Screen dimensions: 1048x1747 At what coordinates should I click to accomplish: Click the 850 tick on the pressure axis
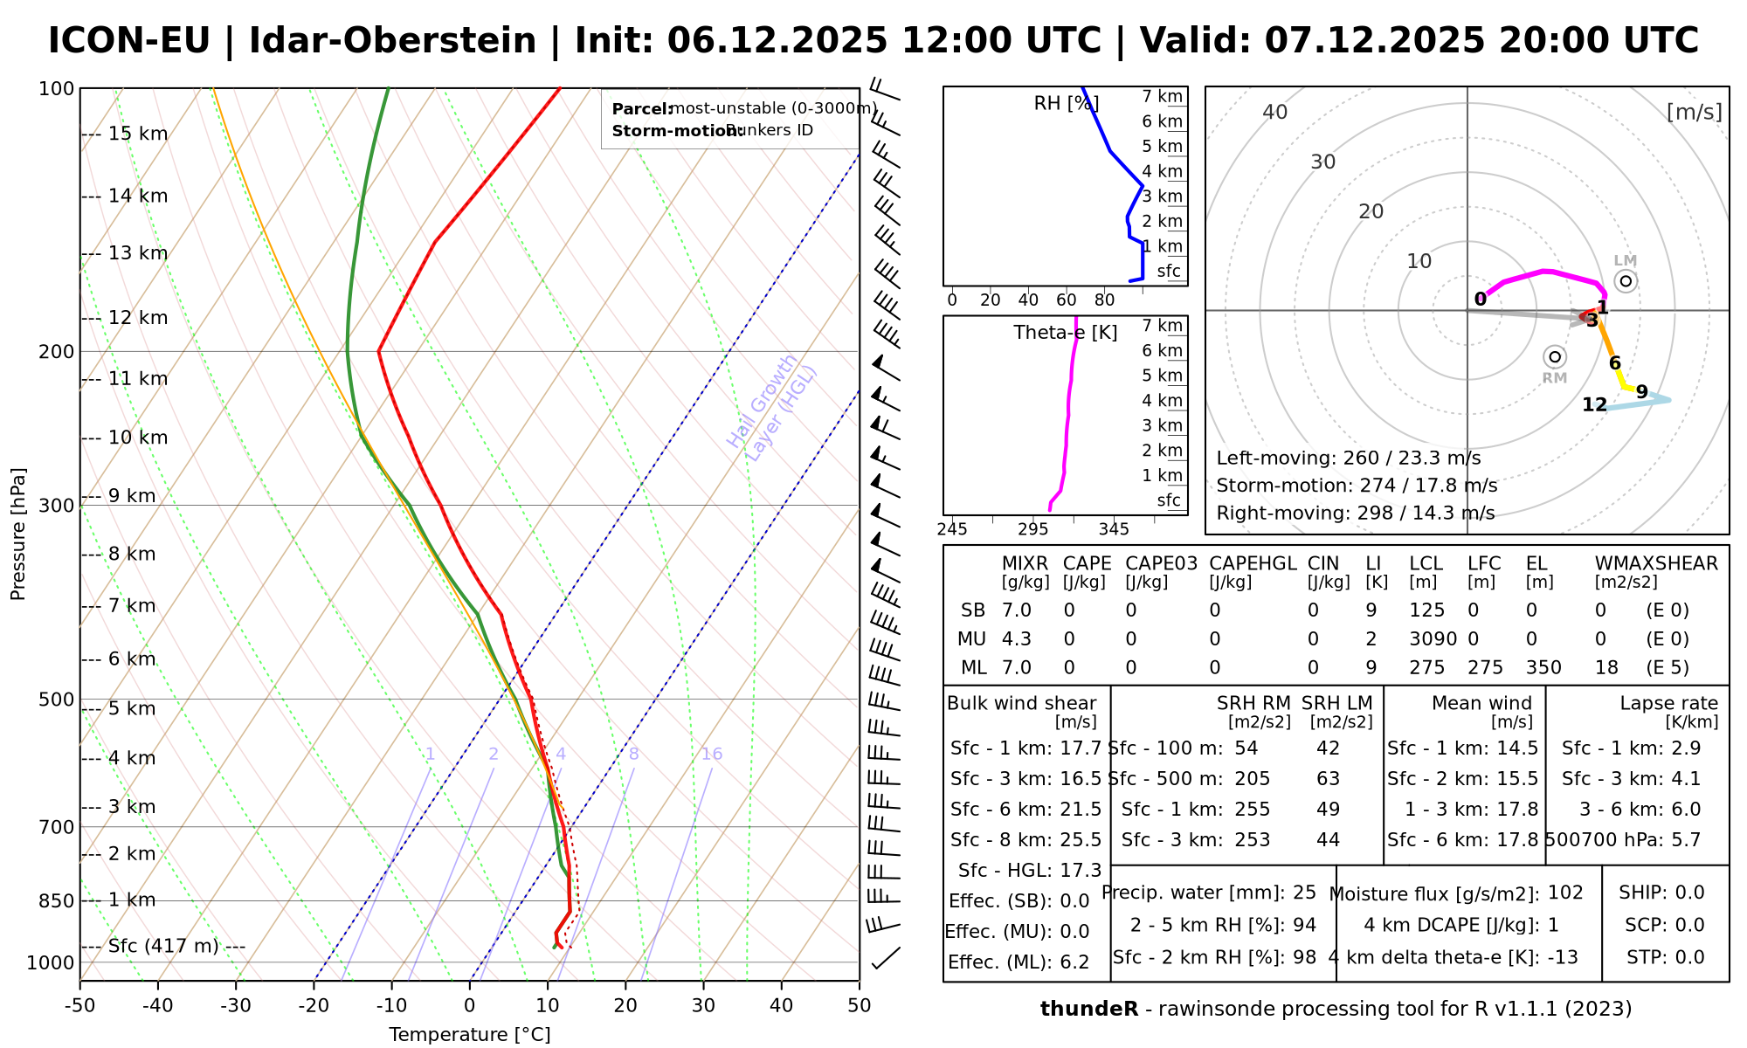58,900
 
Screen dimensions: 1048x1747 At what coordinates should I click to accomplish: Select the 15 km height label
138,134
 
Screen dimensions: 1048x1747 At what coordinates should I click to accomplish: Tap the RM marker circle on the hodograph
1554,356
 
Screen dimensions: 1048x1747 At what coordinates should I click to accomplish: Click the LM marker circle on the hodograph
1625,280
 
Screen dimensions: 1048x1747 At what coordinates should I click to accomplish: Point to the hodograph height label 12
1594,404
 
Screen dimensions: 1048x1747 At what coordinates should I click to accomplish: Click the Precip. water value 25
1304,893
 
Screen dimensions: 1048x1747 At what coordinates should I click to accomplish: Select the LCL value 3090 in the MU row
1433,638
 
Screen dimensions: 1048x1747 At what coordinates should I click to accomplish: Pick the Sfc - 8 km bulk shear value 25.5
1079,839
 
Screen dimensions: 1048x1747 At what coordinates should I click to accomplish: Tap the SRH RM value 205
1252,778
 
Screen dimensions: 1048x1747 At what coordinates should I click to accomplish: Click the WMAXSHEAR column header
1656,563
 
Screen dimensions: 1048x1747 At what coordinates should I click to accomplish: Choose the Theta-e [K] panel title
1065,333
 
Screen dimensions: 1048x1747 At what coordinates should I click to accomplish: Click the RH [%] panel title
1066,103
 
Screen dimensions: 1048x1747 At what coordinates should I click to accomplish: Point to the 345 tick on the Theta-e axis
1114,529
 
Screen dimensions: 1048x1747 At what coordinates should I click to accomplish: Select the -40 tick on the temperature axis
158,1005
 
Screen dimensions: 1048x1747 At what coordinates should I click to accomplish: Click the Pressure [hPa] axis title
18,534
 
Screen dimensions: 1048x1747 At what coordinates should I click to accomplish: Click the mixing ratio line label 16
712,754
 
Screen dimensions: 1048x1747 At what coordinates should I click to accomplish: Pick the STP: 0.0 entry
1665,957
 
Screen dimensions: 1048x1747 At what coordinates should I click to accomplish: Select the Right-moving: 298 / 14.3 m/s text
1355,513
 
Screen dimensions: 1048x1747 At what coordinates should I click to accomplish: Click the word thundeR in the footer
1088,1009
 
